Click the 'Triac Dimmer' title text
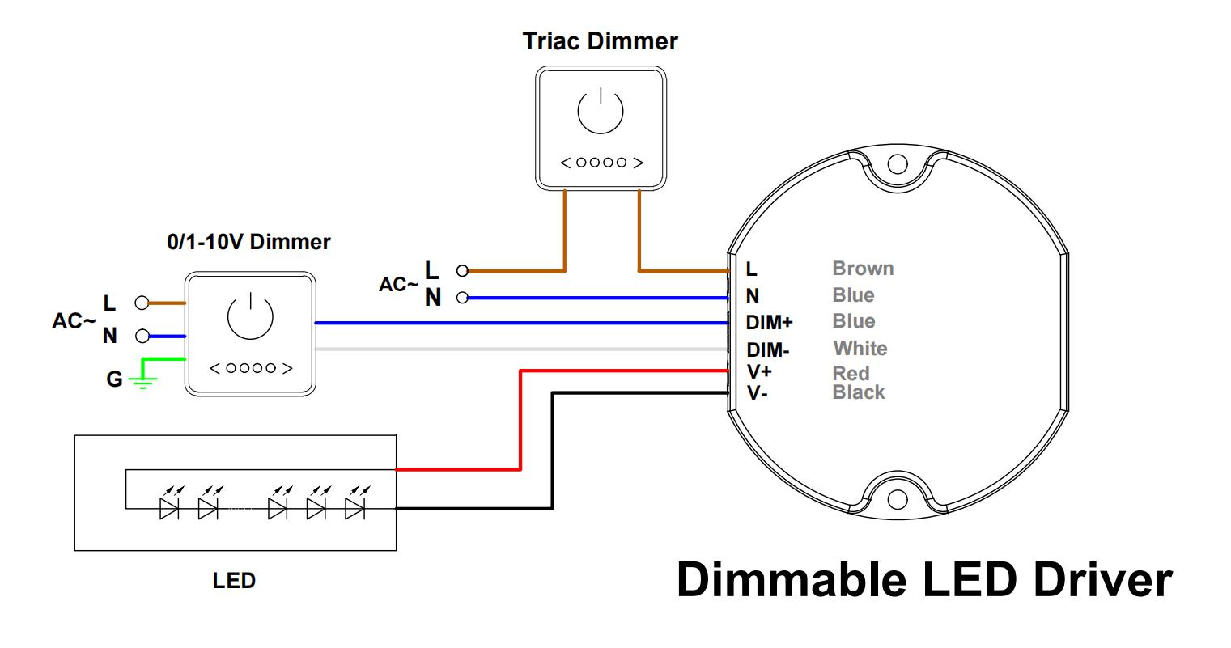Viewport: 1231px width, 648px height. point(600,41)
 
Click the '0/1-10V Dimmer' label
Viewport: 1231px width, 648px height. point(248,242)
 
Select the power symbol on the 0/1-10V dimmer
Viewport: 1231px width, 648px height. point(250,316)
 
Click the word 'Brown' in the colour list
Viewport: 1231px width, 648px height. point(863,269)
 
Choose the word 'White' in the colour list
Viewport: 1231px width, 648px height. point(860,349)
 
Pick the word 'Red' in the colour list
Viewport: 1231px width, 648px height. point(851,374)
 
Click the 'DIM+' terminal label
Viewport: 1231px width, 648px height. point(769,323)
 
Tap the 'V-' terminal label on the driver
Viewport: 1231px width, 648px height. point(757,394)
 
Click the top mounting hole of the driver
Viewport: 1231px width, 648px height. point(897,163)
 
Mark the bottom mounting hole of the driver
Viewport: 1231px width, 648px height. point(897,500)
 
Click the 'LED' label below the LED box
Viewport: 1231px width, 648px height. point(234,580)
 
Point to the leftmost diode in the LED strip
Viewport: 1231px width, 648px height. point(168,509)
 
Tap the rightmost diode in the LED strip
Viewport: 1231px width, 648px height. point(354,509)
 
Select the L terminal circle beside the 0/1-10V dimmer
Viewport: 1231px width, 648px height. point(142,303)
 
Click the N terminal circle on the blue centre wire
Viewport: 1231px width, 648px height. point(462,298)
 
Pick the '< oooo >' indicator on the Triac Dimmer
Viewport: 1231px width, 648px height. point(601,163)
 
